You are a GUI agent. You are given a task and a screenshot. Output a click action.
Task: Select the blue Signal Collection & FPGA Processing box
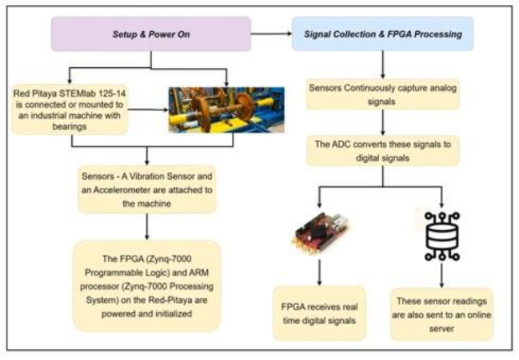coord(382,34)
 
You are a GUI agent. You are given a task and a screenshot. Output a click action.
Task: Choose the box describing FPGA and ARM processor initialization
coord(147,285)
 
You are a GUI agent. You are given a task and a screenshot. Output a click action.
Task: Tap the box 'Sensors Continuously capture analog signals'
coord(382,95)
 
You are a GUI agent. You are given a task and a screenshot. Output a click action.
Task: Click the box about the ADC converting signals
coord(382,151)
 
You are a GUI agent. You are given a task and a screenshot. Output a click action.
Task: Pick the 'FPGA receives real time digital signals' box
coord(319,313)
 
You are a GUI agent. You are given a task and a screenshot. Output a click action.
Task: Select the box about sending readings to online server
coord(441,313)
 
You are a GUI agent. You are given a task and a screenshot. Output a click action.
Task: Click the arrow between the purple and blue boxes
coord(271,34)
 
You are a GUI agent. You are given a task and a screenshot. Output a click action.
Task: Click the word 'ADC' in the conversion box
coord(341,144)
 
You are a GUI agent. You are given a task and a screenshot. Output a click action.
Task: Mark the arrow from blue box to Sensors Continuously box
coord(382,63)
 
